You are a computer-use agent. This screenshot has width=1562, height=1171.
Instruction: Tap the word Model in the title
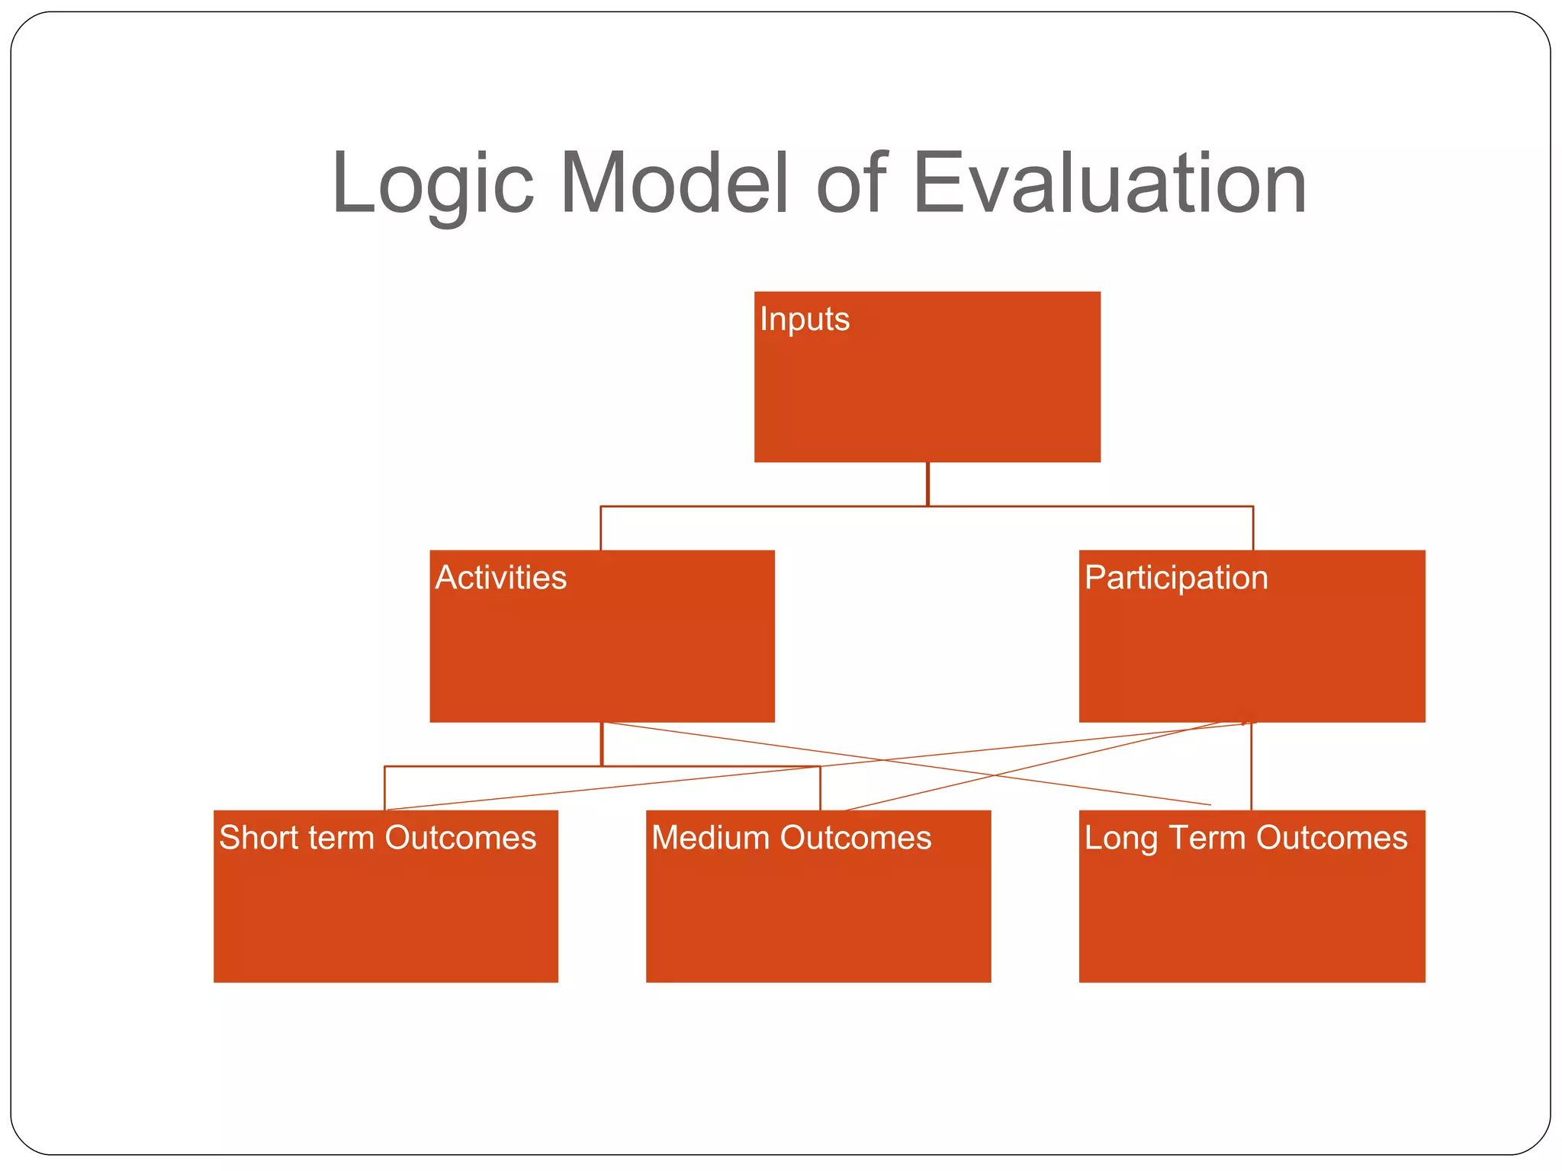[x=674, y=183]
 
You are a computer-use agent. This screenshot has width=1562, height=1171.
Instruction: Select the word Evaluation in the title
[x=1110, y=183]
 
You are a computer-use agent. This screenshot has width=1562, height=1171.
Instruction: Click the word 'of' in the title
[x=851, y=183]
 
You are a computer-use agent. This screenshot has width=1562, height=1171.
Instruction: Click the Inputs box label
[x=805, y=319]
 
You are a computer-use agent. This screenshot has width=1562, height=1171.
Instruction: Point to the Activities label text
[x=501, y=577]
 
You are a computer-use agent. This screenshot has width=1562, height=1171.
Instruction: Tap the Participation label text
[x=1176, y=578]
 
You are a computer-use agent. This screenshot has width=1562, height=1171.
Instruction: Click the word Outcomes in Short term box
[x=461, y=837]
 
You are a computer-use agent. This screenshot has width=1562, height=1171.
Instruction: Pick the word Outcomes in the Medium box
[x=856, y=837]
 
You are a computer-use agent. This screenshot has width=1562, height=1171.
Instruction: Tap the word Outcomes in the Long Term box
[x=1332, y=837]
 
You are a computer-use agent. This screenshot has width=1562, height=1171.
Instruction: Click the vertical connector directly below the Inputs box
[x=927, y=483]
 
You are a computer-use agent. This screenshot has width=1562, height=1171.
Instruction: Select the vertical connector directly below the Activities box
[x=602, y=744]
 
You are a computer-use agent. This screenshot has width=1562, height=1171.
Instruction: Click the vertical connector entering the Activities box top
[x=601, y=528]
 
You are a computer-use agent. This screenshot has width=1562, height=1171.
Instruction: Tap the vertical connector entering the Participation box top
[x=1253, y=528]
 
